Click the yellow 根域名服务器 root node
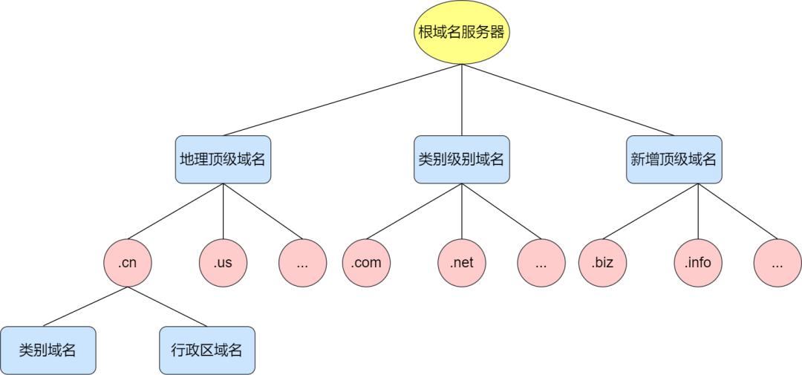click(x=461, y=33)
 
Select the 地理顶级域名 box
click(x=224, y=160)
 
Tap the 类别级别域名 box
click(x=461, y=160)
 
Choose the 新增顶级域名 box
click(x=674, y=160)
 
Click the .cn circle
click(x=128, y=263)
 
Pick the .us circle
click(x=224, y=263)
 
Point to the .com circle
click(x=367, y=263)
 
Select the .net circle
click(x=461, y=263)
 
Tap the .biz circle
click(x=603, y=263)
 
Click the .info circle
click(x=697, y=263)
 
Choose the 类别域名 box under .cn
click(x=48, y=350)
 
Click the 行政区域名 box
click(x=207, y=350)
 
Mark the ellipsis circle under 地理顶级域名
click(x=303, y=263)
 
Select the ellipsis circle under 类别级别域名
click(x=541, y=263)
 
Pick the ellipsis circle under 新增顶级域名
click(x=777, y=263)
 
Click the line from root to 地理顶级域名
click(x=342, y=100)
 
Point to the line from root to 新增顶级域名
click(x=568, y=100)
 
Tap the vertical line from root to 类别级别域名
click(x=461, y=100)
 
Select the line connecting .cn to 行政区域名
click(x=168, y=307)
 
